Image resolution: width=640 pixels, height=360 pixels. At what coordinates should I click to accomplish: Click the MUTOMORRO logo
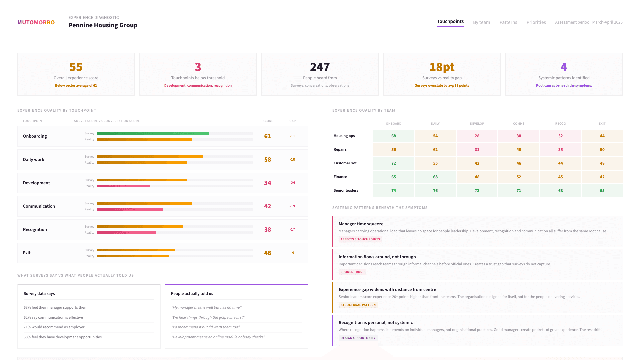click(x=36, y=22)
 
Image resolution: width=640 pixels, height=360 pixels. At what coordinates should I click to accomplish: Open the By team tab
click(x=481, y=22)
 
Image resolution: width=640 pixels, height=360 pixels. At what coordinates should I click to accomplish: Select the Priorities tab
click(x=536, y=22)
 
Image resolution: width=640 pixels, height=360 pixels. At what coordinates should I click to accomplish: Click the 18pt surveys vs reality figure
click(x=442, y=67)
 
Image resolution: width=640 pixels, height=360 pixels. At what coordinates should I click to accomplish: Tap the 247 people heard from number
click(x=320, y=67)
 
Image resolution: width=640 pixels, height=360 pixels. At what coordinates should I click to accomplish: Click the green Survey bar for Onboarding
click(x=153, y=133)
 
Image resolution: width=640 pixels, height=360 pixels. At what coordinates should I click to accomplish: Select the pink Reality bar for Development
click(x=123, y=186)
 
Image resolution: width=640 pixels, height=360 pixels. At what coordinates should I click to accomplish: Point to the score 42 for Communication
click(x=267, y=206)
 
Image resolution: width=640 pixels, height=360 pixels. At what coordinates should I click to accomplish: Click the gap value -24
click(x=292, y=183)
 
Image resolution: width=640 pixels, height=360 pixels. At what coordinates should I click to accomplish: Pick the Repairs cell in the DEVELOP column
click(x=477, y=150)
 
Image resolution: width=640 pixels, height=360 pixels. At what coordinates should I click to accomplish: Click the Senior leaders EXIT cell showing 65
click(x=602, y=191)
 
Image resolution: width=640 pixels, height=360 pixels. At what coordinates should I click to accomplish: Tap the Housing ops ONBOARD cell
click(x=393, y=136)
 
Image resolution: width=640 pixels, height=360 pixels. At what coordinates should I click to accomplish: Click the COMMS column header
click(x=519, y=124)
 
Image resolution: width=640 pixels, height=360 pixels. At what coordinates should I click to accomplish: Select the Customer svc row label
click(x=345, y=163)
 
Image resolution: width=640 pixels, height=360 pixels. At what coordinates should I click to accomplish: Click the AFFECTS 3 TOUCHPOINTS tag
click(x=360, y=239)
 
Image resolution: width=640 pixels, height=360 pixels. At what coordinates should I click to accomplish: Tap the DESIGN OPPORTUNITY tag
click(x=358, y=338)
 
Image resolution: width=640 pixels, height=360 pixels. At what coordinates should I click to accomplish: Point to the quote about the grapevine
click(x=208, y=317)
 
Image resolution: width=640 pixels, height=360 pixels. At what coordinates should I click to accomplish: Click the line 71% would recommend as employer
click(x=54, y=327)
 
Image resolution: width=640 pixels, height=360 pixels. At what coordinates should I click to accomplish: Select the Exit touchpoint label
click(x=27, y=253)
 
